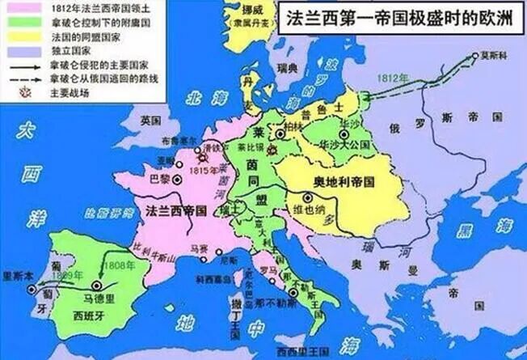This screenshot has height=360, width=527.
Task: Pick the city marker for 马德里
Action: tap(98, 285)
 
